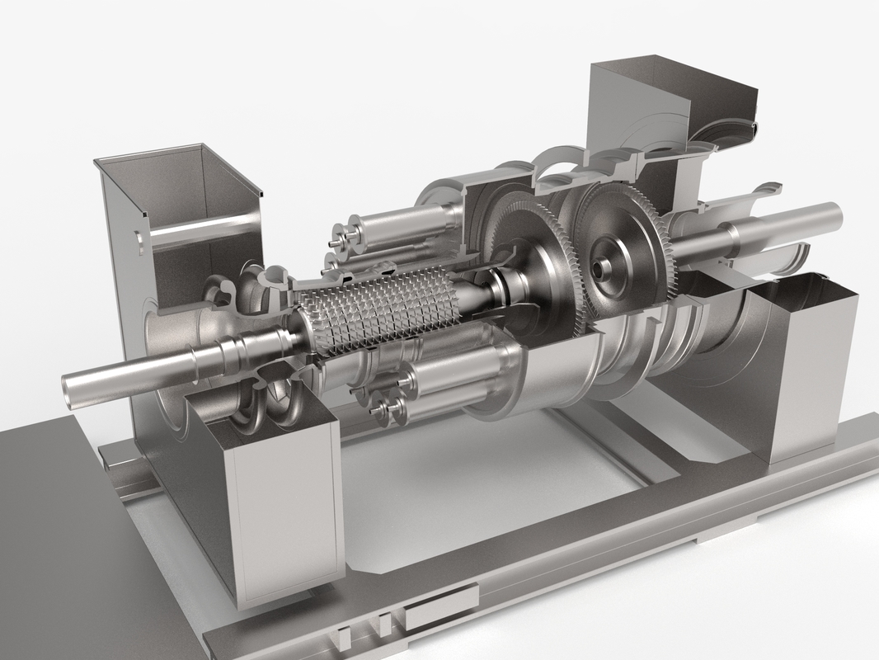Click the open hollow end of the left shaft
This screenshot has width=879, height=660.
[72, 386]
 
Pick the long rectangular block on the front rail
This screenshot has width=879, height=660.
[441, 607]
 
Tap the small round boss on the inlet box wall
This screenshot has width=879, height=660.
[139, 240]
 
